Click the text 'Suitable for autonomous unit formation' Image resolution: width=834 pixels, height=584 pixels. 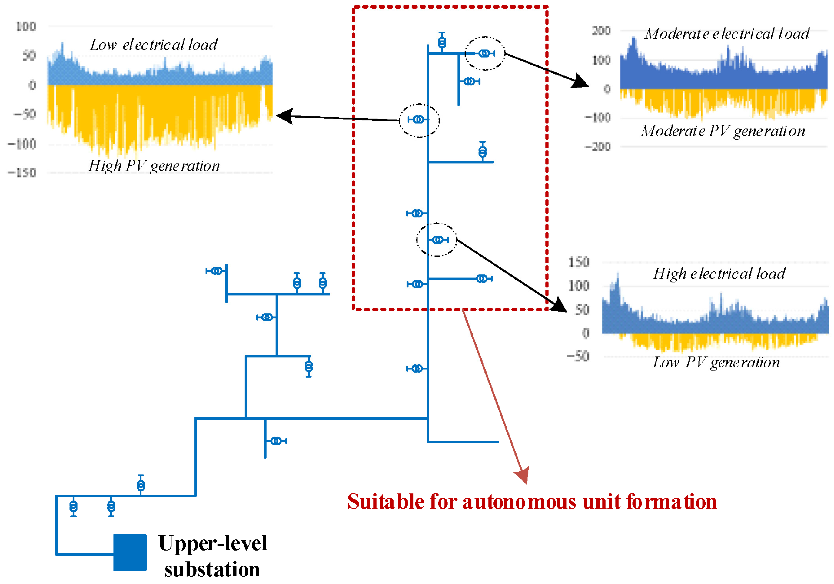point(532,502)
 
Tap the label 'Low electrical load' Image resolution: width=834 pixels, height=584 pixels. point(153,45)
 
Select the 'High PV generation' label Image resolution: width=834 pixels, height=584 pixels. point(154,166)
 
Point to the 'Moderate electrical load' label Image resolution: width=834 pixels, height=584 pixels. point(727,34)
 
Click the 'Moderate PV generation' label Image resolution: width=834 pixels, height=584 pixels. point(723,131)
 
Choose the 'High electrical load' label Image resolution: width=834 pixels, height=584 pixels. point(719,274)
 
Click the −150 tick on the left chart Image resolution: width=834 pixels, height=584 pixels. point(22,173)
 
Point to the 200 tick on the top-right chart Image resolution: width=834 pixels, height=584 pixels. point(601,31)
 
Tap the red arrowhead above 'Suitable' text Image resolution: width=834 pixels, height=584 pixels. point(522,475)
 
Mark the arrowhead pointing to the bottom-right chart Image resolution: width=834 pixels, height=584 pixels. point(558,305)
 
